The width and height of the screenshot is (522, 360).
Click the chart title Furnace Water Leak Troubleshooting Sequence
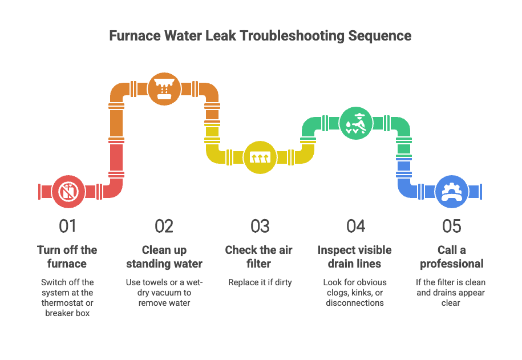[260, 36]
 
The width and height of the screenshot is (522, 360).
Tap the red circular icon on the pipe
[68, 191]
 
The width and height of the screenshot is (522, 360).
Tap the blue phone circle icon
[451, 191]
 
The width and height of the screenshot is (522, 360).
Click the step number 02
[164, 226]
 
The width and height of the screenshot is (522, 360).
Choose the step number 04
[355, 226]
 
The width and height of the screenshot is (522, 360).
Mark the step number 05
[451, 226]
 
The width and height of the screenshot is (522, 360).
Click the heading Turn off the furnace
[67, 257]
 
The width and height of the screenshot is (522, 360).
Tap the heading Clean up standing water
[164, 257]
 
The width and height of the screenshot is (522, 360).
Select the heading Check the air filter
[260, 257]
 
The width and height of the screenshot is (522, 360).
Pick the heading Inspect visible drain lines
[355, 257]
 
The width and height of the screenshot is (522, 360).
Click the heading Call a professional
[451, 257]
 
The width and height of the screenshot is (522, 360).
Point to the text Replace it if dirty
[260, 282]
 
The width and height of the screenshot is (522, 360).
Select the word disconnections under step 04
[355, 303]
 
